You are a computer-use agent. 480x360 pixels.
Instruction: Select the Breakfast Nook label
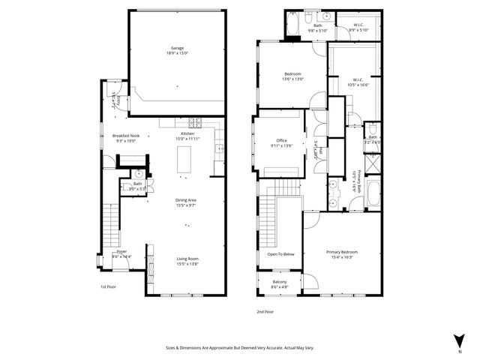(x=125, y=138)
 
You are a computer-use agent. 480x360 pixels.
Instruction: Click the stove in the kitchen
(x=195, y=123)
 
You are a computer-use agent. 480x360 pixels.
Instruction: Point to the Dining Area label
(x=186, y=202)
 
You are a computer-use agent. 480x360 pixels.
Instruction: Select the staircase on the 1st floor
(x=110, y=221)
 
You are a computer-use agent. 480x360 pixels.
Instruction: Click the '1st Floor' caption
(x=109, y=286)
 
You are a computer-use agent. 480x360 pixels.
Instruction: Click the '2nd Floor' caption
(x=265, y=311)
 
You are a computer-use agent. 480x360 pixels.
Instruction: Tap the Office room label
(x=282, y=142)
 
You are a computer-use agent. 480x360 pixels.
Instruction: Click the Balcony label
(x=279, y=283)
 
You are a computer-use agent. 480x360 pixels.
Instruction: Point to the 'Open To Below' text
(x=281, y=254)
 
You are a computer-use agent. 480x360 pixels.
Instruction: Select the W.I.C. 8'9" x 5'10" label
(x=360, y=28)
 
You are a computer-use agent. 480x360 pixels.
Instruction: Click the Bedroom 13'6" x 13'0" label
(x=292, y=76)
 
